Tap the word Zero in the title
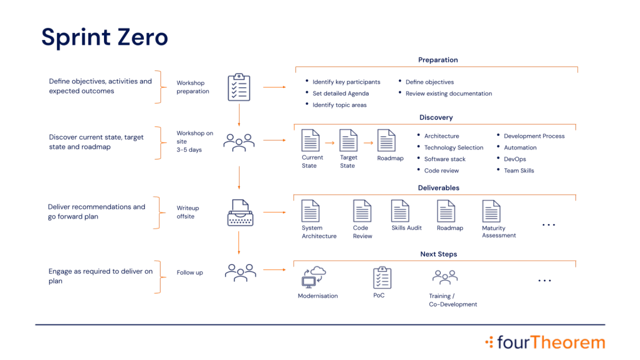(x=143, y=38)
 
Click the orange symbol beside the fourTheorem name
(x=488, y=342)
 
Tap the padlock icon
(x=240, y=213)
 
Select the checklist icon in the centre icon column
(x=238, y=87)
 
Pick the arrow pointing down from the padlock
(x=239, y=244)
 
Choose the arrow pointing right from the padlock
(x=273, y=212)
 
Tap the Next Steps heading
(x=438, y=255)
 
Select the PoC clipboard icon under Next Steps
(x=381, y=277)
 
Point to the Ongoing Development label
(x=451, y=300)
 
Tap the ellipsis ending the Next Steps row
(x=545, y=279)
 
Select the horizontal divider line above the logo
(x=320, y=324)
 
